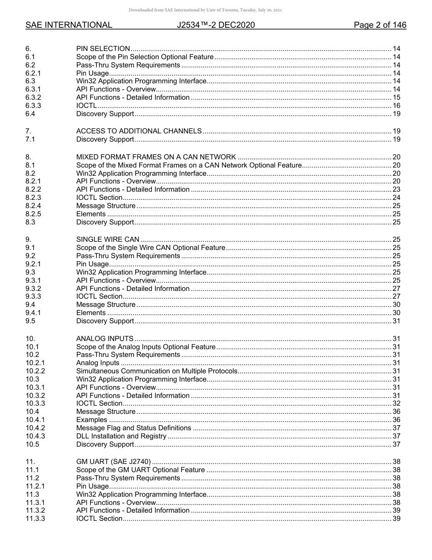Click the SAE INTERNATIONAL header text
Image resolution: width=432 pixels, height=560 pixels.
69,25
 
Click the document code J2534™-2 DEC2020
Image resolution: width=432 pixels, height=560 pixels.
216,25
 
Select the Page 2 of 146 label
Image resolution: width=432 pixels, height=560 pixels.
380,25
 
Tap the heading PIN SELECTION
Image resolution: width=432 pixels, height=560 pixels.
103,49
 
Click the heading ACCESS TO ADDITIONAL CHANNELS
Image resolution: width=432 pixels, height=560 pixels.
139,131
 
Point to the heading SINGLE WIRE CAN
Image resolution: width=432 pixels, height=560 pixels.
108,239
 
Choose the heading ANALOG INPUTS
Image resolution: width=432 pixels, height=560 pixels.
105,339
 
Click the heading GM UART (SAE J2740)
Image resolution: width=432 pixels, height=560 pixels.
113,462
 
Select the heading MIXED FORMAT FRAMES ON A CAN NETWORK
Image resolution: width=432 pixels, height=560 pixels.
156,157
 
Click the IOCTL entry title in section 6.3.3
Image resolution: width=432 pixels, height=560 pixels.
86,106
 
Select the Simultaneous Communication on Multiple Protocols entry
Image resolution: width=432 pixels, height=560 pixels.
156,371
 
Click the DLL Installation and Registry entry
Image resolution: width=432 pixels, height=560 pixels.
121,436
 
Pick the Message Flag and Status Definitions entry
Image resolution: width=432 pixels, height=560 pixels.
133,428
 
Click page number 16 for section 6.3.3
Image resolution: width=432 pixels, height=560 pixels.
396,106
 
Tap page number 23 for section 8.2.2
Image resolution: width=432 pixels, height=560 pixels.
396,189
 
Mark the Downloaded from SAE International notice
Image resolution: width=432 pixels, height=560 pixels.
205,10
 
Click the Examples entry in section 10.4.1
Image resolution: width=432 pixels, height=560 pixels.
91,420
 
